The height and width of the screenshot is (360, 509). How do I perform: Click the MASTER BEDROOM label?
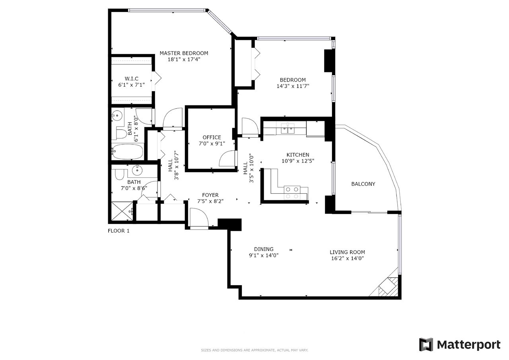(x=184, y=53)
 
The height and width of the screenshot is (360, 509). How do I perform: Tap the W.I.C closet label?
(x=132, y=79)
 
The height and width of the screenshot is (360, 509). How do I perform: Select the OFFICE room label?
(x=212, y=137)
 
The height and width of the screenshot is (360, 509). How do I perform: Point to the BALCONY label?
(x=363, y=184)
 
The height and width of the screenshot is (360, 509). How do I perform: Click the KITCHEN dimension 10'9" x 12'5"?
(x=298, y=161)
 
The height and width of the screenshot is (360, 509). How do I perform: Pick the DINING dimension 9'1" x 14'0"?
(x=264, y=255)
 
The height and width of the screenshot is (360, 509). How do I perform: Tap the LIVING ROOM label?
(x=347, y=252)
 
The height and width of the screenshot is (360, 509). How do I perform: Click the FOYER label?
(x=210, y=195)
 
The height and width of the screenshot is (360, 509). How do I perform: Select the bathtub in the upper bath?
(x=127, y=152)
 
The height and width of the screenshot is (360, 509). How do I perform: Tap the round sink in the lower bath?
(x=137, y=170)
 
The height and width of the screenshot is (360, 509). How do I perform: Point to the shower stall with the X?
(x=122, y=211)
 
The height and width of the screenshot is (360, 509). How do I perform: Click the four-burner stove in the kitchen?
(x=292, y=193)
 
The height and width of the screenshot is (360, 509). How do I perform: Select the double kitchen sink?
(x=288, y=129)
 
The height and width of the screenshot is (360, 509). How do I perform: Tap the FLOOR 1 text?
(x=119, y=231)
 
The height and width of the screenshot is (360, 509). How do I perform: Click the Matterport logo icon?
(x=426, y=344)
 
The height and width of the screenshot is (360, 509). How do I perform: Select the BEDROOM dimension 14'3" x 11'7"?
(x=293, y=86)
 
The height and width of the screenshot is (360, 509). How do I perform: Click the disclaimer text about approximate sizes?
(x=254, y=350)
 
